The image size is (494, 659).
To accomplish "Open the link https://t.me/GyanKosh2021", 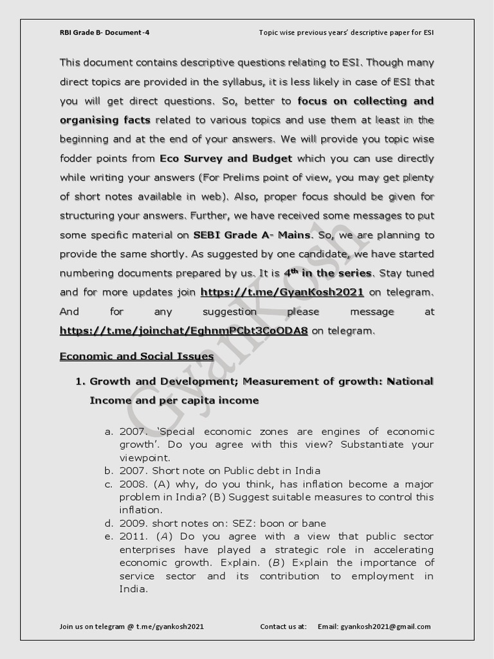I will pyautogui.click(x=282, y=292).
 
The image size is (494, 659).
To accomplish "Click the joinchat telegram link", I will pyautogui.click(x=183, y=331).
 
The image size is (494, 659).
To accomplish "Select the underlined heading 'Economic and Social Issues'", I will pyautogui.click(x=136, y=356).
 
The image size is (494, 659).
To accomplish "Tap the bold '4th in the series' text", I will pyautogui.click(x=328, y=273).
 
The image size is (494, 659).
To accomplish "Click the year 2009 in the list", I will pyautogui.click(x=133, y=523).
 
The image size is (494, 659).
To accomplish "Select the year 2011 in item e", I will pyautogui.click(x=133, y=537).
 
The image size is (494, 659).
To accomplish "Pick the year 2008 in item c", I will pyautogui.click(x=133, y=484).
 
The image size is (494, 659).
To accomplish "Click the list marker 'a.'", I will pyautogui.click(x=109, y=431).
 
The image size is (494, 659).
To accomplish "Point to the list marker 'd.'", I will pyautogui.click(x=109, y=523).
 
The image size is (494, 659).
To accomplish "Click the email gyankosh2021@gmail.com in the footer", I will pyautogui.click(x=386, y=626).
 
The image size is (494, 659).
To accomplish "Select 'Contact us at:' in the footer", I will pyautogui.click(x=284, y=626).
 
